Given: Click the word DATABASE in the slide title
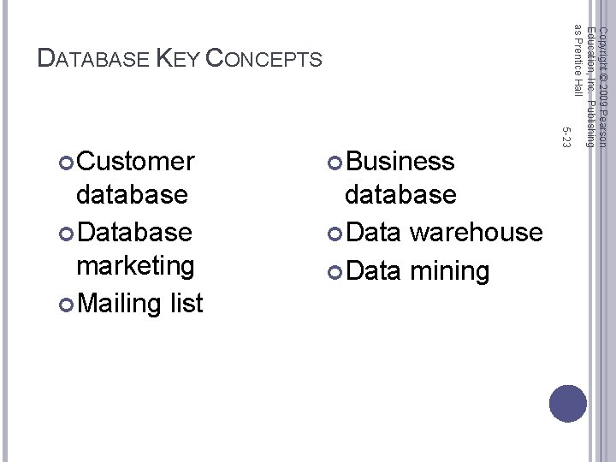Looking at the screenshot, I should [95, 59].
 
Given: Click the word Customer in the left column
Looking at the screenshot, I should [135, 161].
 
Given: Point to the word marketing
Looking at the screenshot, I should [135, 265].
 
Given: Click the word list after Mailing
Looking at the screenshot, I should [186, 302].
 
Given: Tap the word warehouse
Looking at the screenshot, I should [476, 232].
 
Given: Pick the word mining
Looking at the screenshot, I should [450, 271].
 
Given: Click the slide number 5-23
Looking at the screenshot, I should [566, 136].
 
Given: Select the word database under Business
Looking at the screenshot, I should [400, 194].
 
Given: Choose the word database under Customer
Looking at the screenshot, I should [132, 194].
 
